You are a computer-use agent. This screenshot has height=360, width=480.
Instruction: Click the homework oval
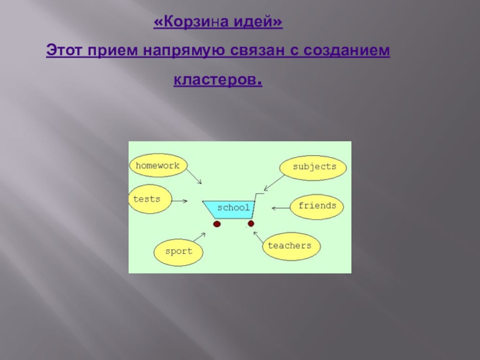[x=158, y=166]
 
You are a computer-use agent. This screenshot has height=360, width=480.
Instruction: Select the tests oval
[x=149, y=199]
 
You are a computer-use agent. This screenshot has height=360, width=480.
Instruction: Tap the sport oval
[x=178, y=251]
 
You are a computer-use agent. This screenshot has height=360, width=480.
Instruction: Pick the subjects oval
[x=313, y=167]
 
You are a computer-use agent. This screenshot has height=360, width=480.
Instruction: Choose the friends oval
[x=317, y=206]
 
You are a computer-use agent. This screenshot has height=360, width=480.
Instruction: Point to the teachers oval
[x=290, y=245]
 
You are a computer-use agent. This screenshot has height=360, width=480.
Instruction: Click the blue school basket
[x=232, y=208]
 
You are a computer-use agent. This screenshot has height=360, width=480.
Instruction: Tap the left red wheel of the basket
[x=217, y=224]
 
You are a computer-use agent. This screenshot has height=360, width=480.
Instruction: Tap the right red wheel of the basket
[x=251, y=224]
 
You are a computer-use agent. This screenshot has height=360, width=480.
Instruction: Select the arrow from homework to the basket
[x=194, y=176]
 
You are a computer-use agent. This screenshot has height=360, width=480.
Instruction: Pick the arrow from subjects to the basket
[x=274, y=181]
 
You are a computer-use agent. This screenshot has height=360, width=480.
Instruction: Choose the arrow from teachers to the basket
[x=257, y=236]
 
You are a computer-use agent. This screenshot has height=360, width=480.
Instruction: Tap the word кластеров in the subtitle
[x=217, y=79]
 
